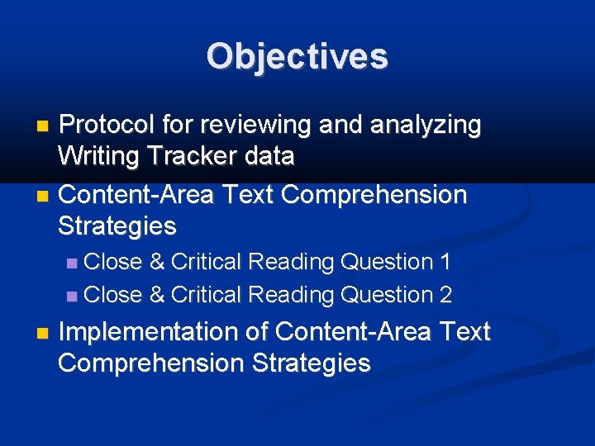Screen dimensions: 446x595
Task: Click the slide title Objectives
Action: coord(297,56)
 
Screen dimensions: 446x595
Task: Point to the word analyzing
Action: coord(426,126)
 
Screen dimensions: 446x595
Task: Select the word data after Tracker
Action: coord(269,156)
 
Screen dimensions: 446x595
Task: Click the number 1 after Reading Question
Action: coord(445,263)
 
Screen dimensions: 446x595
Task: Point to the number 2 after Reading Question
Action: coord(445,295)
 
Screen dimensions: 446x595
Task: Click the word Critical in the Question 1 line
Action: coord(206,263)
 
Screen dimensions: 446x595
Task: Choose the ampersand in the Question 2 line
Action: coord(156,295)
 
